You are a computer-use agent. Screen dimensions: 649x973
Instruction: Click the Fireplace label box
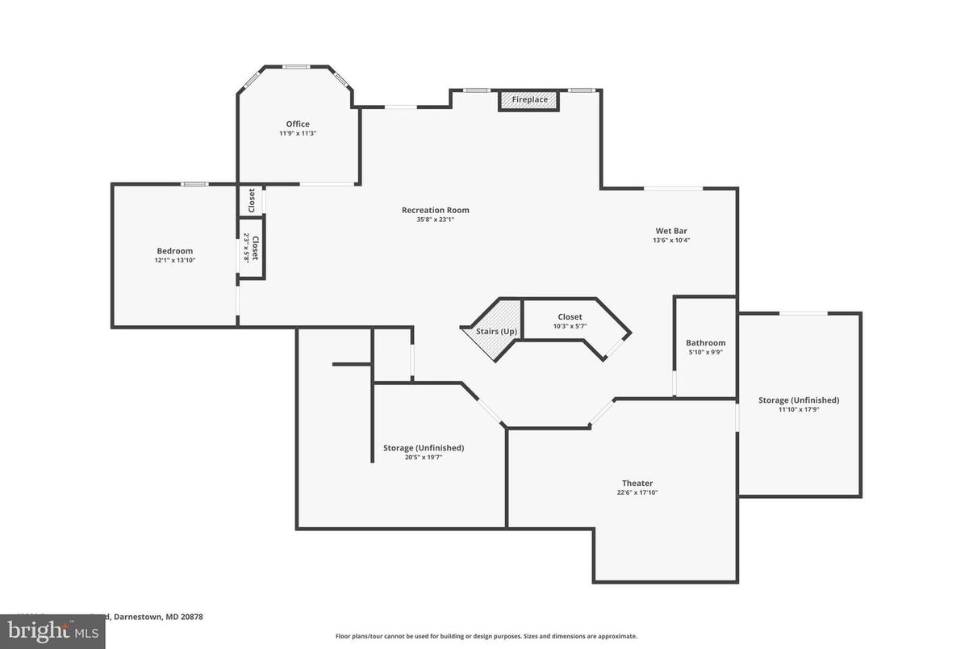[529, 100]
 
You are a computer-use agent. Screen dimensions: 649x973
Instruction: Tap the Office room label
[298, 124]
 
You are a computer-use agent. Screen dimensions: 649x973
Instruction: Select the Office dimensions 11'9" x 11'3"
[298, 133]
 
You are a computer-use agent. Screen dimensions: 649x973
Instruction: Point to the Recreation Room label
[435, 210]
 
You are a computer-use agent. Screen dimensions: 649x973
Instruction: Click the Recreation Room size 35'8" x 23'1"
[435, 220]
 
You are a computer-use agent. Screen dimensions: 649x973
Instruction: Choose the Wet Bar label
[671, 231]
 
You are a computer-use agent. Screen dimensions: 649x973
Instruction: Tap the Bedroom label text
[174, 251]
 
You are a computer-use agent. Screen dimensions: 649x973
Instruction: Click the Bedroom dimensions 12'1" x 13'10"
[174, 260]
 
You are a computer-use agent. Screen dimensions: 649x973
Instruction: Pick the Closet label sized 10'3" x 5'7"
[570, 317]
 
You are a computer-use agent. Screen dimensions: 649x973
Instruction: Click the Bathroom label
[705, 343]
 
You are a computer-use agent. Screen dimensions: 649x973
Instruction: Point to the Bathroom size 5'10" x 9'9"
[705, 352]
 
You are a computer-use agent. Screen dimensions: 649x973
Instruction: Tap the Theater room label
[637, 483]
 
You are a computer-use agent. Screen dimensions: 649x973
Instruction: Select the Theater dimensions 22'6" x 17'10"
[637, 492]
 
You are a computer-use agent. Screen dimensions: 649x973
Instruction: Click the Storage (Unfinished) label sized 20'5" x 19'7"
[424, 448]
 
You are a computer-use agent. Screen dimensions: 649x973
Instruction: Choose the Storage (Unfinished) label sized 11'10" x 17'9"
[799, 400]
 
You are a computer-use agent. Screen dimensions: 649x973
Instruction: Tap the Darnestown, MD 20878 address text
[158, 617]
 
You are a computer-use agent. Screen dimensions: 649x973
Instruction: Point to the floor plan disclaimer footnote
[486, 636]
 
